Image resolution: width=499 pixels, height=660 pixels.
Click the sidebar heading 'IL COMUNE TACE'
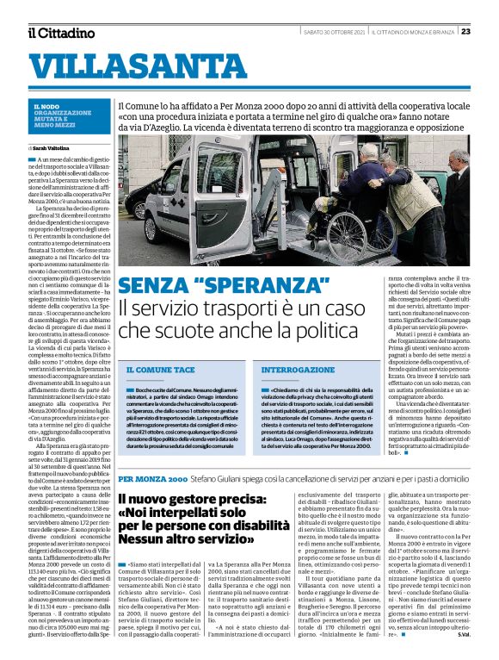[160, 369]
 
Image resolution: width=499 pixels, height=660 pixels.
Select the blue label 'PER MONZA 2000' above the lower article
[152, 476]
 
